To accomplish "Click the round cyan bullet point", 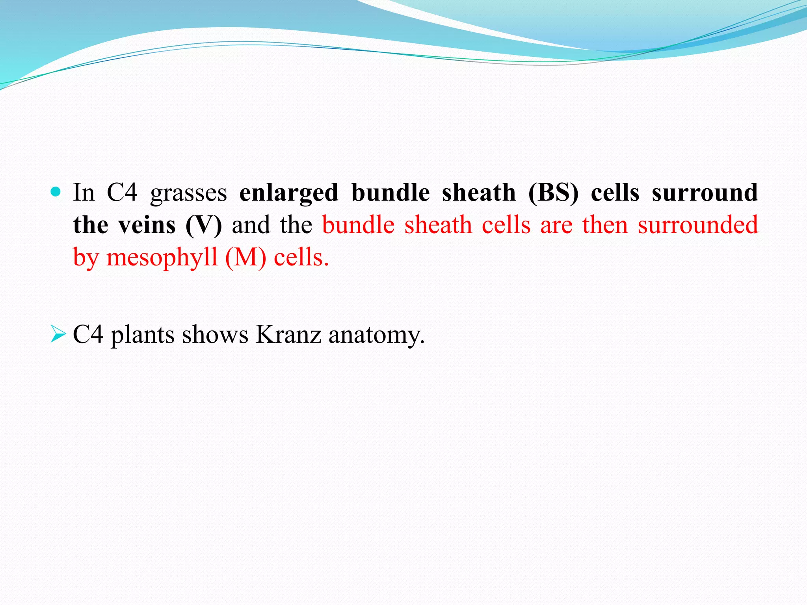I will [56, 192].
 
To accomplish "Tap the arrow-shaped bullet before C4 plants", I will [58, 334].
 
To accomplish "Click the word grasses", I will [188, 194].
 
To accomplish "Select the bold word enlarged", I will [289, 194].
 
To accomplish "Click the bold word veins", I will [147, 225].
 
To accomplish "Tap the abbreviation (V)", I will [203, 226].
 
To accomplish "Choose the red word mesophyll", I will [162, 258].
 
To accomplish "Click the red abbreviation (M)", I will [246, 258].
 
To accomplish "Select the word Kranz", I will [288, 335].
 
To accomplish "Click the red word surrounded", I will [698, 225].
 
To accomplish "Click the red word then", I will [605, 225].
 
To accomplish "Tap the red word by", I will [85, 258].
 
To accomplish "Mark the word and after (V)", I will [251, 225].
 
